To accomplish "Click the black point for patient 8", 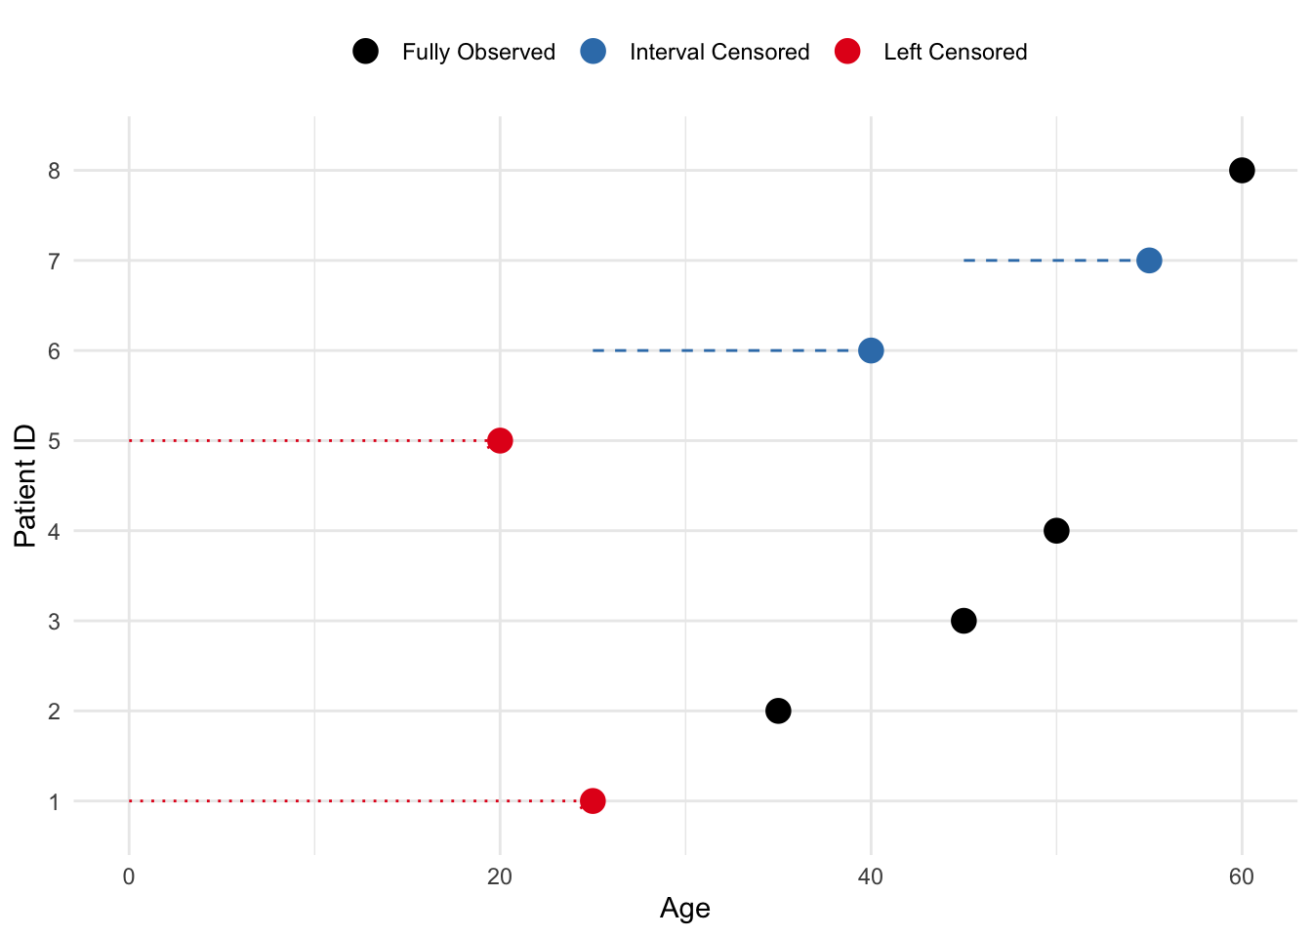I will click(1241, 171).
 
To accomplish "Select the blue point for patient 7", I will click(1148, 261).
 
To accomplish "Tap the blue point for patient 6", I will click(871, 350).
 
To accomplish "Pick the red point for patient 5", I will click(500, 440).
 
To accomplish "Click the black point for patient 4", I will click(1055, 531).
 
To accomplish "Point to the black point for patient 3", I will click(963, 621).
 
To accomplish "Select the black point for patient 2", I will click(778, 711).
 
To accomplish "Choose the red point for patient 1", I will click(593, 801).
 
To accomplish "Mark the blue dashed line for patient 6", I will click(722, 350).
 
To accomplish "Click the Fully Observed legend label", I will click(478, 53).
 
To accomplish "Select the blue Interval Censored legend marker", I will click(594, 52).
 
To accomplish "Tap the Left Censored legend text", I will click(955, 53).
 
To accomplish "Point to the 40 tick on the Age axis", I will click(870, 876).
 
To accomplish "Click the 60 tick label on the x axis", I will click(1241, 876).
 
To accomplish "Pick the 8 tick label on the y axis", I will click(55, 171).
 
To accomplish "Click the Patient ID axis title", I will click(25, 486).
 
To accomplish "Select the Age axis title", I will click(684, 909).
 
